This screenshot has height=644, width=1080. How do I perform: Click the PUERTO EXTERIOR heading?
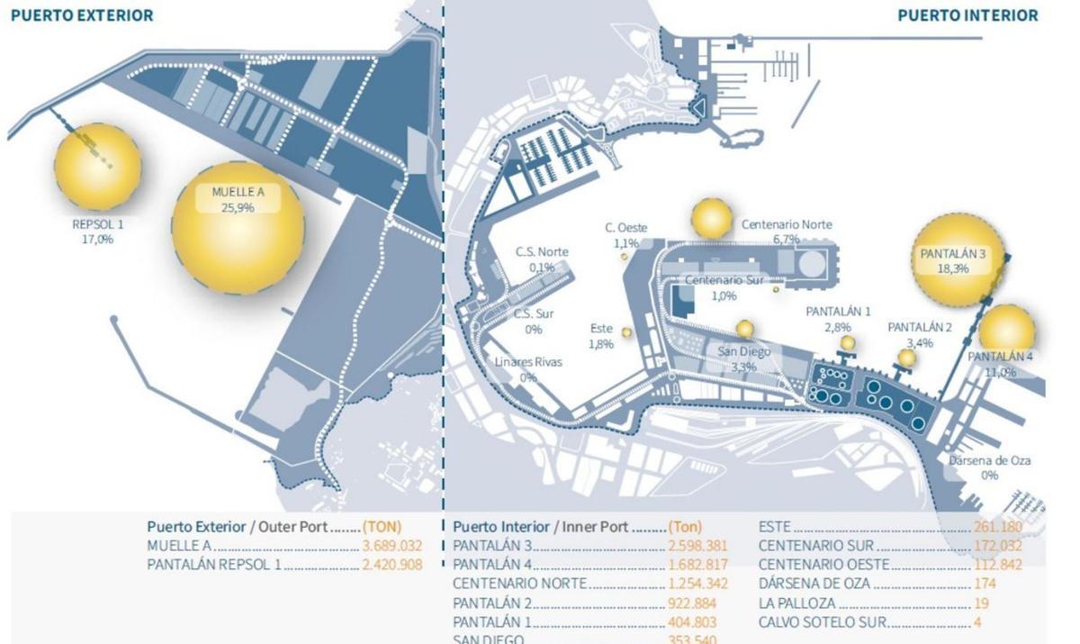click(82, 15)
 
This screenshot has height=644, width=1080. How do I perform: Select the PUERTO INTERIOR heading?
click(967, 15)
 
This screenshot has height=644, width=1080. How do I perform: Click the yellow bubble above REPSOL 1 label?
click(97, 167)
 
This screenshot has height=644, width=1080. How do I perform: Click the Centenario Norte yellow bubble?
click(711, 219)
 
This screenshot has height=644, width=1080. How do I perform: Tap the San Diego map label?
click(743, 352)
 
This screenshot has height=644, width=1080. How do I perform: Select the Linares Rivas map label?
click(528, 362)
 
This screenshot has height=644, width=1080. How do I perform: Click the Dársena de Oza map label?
click(990, 461)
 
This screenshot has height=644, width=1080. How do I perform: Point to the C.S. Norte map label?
click(541, 251)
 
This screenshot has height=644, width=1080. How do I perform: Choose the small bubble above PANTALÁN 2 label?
click(906, 358)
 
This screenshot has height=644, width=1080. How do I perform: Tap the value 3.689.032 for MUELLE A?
click(392, 545)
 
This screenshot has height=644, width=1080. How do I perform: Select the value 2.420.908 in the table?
click(392, 565)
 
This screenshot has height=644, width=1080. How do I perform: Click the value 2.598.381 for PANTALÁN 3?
click(697, 545)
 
